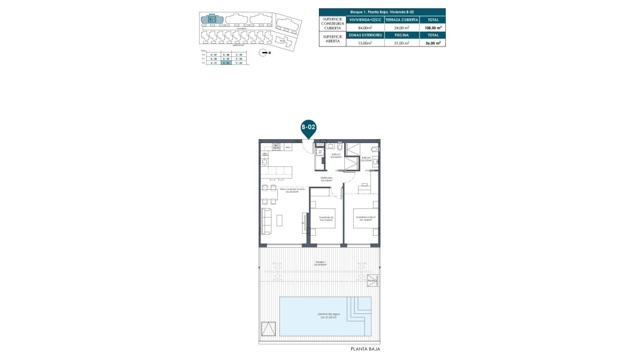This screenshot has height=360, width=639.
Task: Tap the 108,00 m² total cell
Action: (432, 28)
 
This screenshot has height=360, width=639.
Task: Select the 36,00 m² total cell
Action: (432, 43)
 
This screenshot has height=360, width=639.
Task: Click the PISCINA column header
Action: (402, 35)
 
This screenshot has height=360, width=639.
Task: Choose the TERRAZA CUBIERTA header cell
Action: (402, 20)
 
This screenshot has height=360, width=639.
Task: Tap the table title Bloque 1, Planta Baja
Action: (382, 11)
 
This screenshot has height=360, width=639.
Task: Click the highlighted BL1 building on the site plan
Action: (212, 19)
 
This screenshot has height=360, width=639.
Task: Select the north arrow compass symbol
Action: (264, 52)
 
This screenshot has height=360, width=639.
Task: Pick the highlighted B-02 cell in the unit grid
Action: (226, 63)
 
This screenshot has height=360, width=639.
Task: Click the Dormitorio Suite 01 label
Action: (365, 217)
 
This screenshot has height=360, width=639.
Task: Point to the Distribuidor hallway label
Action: (326, 179)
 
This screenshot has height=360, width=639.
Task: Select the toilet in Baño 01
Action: (339, 147)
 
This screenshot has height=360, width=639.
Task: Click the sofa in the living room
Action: (266, 221)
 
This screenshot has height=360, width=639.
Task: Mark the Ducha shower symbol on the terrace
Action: (372, 281)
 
